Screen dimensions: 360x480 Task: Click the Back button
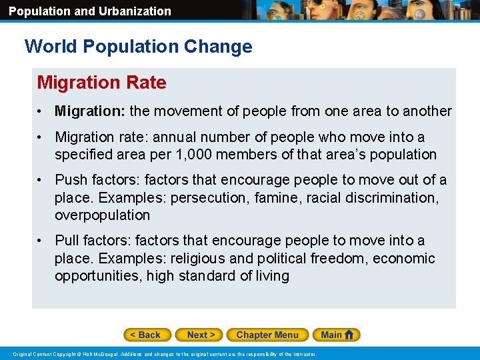pos(147,335)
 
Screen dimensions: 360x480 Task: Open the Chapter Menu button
pos(267,335)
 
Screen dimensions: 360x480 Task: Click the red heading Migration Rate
pos(101,83)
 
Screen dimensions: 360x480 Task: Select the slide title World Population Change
pos(138,47)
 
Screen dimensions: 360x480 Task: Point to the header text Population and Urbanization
pos(89,11)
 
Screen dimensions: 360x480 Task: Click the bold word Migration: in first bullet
pos(90,111)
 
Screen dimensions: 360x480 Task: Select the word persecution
pos(210,198)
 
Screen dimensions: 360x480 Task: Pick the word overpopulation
pos(102,215)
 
